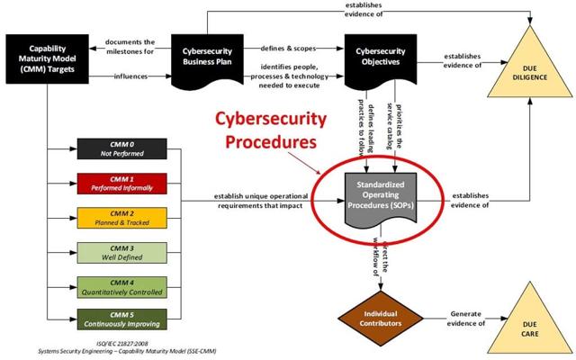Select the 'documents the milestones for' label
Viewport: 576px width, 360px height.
pyautogui.click(x=130, y=44)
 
